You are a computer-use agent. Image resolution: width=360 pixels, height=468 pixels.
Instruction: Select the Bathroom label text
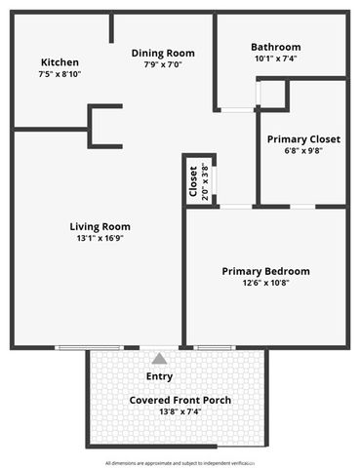point(275,47)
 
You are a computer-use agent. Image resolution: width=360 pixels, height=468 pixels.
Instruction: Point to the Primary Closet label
point(303,138)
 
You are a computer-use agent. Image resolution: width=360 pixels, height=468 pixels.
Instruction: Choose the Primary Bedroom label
point(265,271)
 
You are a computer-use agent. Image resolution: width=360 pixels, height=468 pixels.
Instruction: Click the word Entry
point(159,375)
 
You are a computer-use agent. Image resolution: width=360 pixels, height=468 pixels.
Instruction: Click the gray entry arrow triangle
point(159,358)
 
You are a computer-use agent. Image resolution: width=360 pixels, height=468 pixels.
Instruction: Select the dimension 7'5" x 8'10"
point(59,73)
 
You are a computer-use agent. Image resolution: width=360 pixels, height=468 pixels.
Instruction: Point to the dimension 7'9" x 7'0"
point(163,64)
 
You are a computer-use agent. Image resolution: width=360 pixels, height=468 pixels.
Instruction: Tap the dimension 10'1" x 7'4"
point(275,58)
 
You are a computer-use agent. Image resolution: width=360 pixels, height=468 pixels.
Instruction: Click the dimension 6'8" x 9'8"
point(303,150)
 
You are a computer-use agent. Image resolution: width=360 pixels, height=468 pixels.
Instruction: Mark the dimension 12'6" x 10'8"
point(265,283)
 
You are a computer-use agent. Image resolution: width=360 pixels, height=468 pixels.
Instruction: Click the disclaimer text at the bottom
point(180,462)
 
